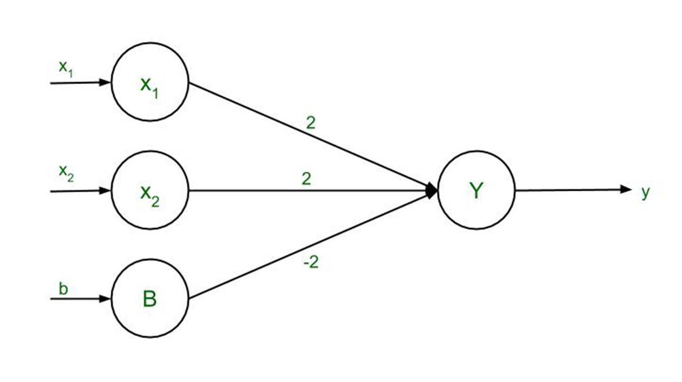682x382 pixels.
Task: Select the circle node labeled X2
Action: pos(150,191)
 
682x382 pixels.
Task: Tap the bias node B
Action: pos(150,299)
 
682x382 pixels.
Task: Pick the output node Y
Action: pos(476,191)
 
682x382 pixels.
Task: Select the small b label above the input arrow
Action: pos(64,289)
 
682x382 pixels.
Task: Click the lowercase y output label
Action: pos(645,192)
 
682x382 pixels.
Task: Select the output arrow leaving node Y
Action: pos(570,190)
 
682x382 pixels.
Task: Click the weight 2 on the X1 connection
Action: pos(310,123)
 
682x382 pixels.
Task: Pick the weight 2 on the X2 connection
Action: pos(306,179)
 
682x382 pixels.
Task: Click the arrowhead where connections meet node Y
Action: pos(432,191)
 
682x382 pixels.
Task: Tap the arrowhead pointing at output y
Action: pos(627,190)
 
